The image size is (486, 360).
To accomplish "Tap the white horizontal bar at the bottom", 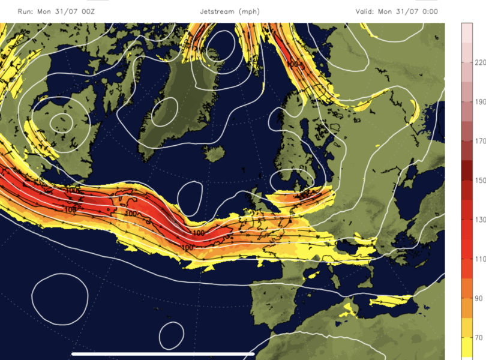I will click(x=163, y=353).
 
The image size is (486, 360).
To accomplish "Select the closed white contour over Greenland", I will click(x=164, y=112).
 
